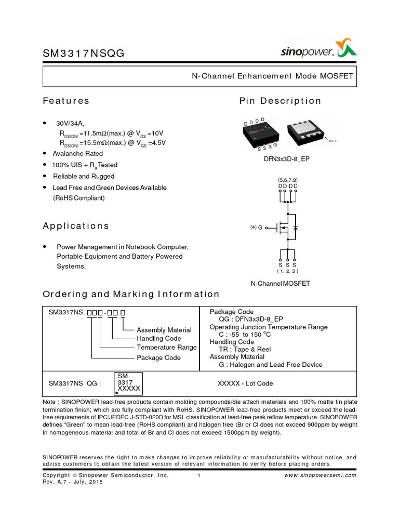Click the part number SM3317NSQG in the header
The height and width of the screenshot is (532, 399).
(x=83, y=53)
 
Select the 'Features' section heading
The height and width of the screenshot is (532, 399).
(x=66, y=101)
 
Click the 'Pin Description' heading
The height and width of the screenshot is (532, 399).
(x=280, y=101)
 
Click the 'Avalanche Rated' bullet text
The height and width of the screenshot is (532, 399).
(x=78, y=154)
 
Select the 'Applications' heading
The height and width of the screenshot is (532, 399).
(x=76, y=226)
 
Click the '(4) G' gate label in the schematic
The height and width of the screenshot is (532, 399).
(x=256, y=228)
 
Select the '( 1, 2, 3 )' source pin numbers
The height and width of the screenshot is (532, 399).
(x=287, y=271)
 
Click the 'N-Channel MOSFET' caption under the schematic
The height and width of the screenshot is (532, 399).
(x=280, y=284)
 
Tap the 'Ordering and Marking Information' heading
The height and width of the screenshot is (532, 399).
(x=131, y=294)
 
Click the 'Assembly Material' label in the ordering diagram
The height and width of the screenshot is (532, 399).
(x=164, y=330)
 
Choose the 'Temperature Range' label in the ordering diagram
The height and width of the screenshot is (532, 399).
(x=166, y=348)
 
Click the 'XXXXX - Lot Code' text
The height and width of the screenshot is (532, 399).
(x=245, y=383)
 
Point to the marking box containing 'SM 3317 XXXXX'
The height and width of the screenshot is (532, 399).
(x=128, y=383)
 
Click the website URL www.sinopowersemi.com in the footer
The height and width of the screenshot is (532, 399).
(x=321, y=475)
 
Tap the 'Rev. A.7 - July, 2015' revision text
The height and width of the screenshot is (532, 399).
(x=73, y=482)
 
